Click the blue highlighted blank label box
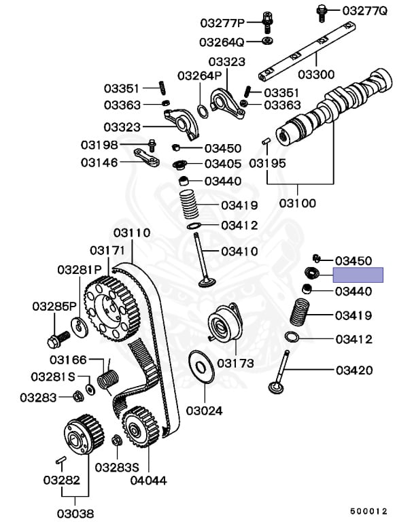358,275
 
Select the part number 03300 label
316,74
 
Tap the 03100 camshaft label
298,203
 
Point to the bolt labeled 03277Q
322,13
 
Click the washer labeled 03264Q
267,41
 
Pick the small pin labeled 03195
266,141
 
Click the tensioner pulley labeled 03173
224,324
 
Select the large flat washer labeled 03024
201,367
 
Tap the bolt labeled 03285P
58,339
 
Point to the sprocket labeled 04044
140,426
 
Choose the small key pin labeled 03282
61,461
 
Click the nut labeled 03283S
117,440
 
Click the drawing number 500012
368,511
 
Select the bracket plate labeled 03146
147,158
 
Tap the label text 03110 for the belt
132,232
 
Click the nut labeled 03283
78,396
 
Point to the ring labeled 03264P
203,111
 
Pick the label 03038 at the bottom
75,513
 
